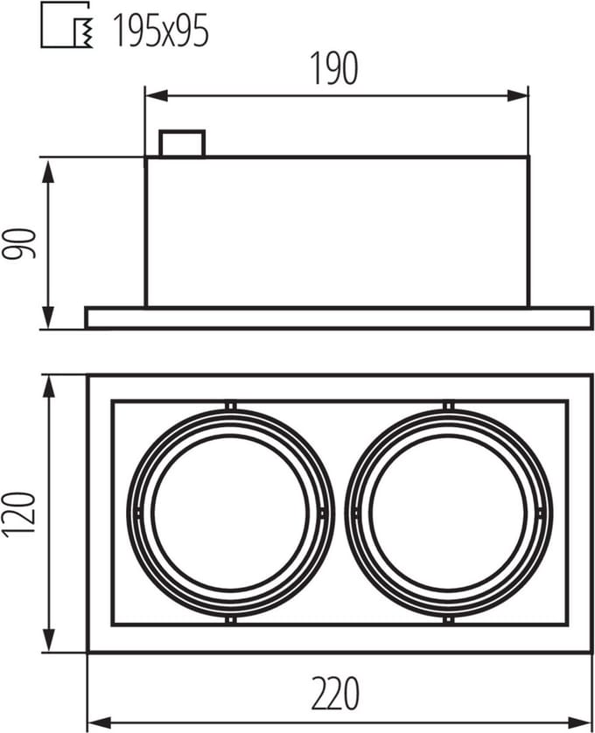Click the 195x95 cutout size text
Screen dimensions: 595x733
pyautogui.click(x=161, y=30)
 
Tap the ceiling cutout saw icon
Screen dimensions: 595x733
pyautogui.click(x=66, y=24)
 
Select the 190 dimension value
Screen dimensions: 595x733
pyautogui.click(x=334, y=68)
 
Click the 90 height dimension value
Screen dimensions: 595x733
pyautogui.click(x=19, y=243)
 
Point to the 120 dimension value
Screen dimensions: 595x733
pyautogui.click(x=19, y=513)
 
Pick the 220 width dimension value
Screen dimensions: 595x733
pyautogui.click(x=335, y=694)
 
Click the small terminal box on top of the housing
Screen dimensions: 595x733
pyautogui.click(x=182, y=143)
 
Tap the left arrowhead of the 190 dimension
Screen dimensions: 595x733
pyautogui.click(x=157, y=97)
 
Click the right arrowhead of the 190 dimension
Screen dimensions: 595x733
pyautogui.click(x=517, y=97)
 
